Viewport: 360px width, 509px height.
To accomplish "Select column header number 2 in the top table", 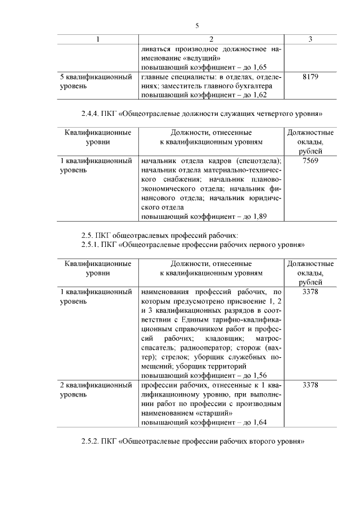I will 211,39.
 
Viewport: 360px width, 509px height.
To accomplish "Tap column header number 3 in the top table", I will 310,39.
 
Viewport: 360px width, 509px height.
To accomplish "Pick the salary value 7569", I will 310,161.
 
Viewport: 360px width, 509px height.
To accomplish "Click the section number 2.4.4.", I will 91,114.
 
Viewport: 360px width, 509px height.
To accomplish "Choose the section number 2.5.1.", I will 91,245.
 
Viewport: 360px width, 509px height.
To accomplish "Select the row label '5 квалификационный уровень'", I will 96,82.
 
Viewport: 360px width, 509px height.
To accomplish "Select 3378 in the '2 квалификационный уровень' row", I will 310,386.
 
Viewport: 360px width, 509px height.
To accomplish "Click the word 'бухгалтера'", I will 254,86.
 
